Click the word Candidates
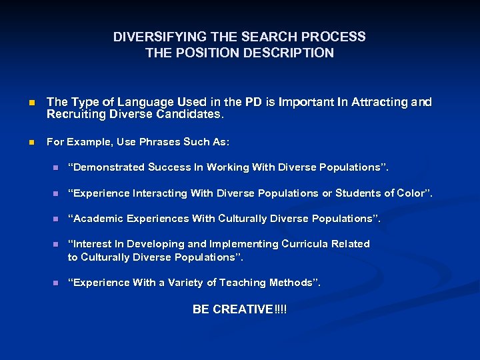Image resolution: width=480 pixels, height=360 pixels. (x=195, y=114)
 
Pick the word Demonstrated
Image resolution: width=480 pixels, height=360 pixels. (x=107, y=167)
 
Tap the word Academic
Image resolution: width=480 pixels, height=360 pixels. (x=98, y=219)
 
